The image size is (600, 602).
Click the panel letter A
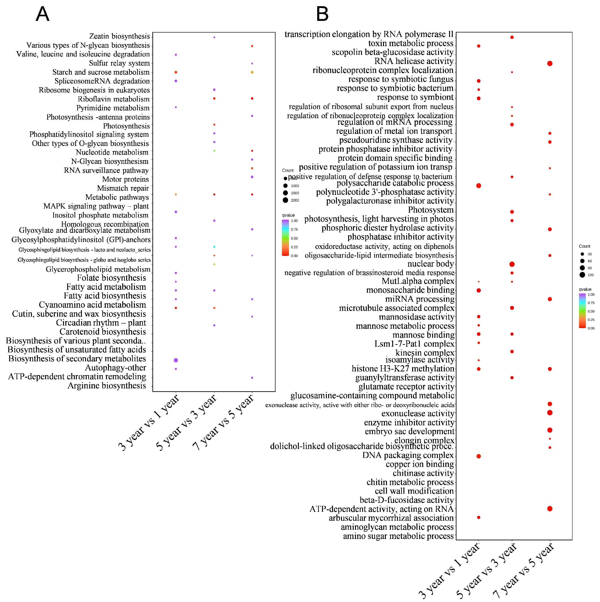click(43, 14)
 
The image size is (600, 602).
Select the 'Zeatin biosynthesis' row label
click(119, 36)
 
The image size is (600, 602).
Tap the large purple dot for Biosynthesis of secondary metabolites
click(176, 360)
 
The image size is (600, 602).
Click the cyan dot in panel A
click(214, 247)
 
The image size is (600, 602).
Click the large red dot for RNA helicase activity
click(550, 64)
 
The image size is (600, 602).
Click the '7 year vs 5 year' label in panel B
click(523, 570)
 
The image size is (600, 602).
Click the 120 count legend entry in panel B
click(582, 275)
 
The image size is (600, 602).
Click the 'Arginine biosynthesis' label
click(107, 386)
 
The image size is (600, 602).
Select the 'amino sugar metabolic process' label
click(398, 536)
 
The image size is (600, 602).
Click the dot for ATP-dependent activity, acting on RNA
click(550, 509)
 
